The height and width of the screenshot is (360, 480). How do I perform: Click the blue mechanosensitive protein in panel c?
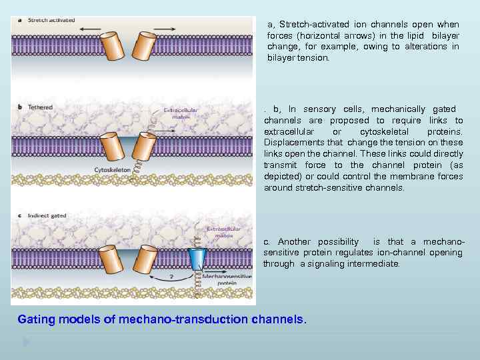197,258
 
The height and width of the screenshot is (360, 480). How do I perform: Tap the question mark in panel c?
171,275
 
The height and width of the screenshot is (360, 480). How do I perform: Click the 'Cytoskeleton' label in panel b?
112,170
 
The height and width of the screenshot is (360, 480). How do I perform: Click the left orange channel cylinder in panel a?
112,45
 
